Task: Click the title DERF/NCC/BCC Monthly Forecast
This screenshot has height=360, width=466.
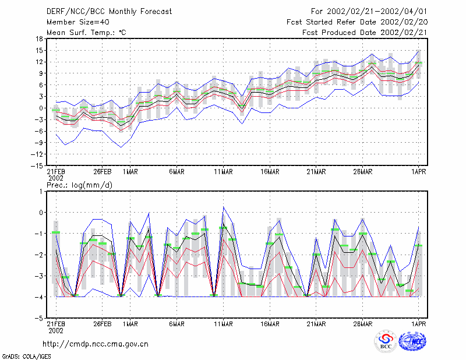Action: click(x=109, y=12)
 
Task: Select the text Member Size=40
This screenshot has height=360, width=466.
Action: click(x=78, y=22)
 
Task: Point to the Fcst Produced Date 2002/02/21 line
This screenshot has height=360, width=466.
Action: click(x=365, y=33)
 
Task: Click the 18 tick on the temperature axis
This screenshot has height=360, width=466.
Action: click(x=39, y=39)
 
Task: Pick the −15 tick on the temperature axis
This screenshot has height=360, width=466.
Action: click(x=37, y=165)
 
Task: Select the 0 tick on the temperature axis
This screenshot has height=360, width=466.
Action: click(x=41, y=108)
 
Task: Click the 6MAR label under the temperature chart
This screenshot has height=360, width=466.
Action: click(x=177, y=172)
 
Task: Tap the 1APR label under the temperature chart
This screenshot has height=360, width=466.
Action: click(x=419, y=172)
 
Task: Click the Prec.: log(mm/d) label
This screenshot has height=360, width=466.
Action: click(x=79, y=185)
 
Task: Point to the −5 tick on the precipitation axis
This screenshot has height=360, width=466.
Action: click(x=39, y=318)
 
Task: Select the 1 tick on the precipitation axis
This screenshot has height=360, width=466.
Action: click(x=41, y=192)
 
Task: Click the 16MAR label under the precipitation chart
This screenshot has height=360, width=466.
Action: click(x=270, y=324)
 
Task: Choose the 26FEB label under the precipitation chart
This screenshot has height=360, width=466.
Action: click(x=103, y=324)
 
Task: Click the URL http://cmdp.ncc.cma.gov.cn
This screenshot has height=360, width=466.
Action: click(x=96, y=344)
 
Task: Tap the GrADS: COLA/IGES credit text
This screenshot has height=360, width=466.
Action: click(x=26, y=357)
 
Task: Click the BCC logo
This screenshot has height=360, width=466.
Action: click(x=386, y=341)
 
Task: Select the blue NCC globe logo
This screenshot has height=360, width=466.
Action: click(x=412, y=341)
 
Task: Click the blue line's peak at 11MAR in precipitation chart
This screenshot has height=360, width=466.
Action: click(x=224, y=207)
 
